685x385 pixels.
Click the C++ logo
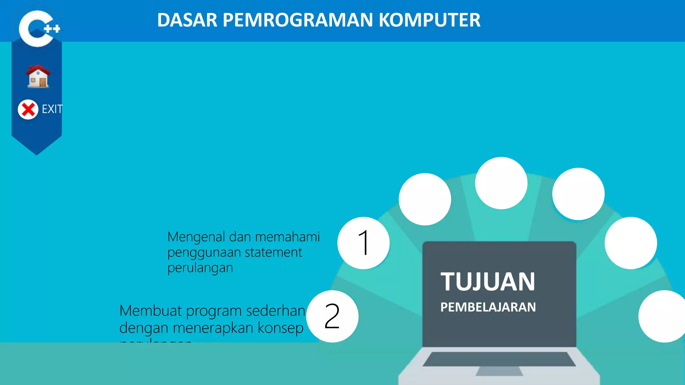click(37, 28)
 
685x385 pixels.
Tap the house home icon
click(38, 77)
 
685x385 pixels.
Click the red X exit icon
click(28, 109)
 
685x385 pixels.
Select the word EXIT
click(52, 109)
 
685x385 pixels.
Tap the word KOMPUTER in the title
click(429, 20)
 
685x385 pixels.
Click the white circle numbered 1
click(364, 243)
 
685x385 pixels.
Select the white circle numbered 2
click(332, 316)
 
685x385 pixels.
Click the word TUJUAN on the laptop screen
click(488, 282)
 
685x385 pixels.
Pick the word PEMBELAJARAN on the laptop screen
click(488, 307)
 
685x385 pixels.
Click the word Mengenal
click(196, 237)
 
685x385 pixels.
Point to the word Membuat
click(151, 311)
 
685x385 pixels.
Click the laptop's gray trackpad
click(499, 371)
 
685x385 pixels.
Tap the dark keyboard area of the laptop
click(499, 359)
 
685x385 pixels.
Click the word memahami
click(287, 237)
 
